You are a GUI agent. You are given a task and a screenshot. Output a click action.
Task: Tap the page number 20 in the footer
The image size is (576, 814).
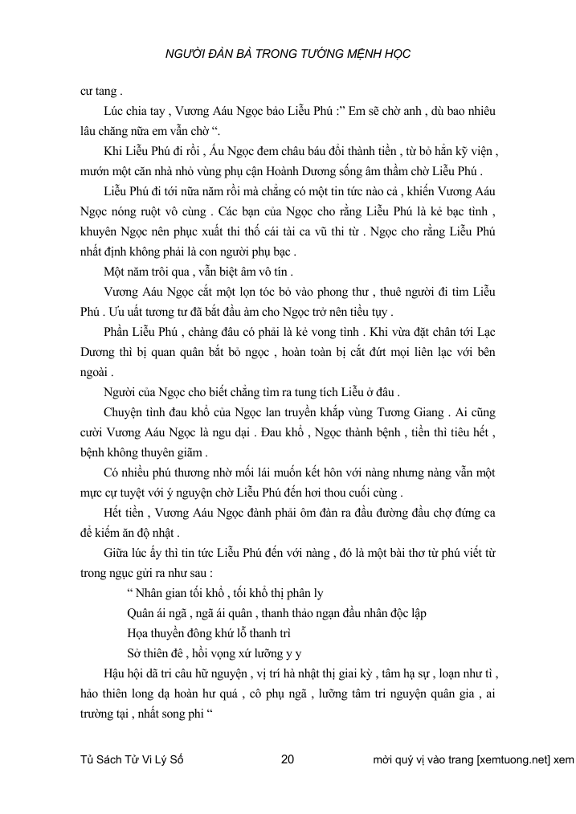tap(289, 759)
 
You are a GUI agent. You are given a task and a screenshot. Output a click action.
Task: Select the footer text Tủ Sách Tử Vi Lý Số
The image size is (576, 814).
tap(133, 759)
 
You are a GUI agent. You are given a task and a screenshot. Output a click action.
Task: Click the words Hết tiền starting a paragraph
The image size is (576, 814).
tap(125, 512)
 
